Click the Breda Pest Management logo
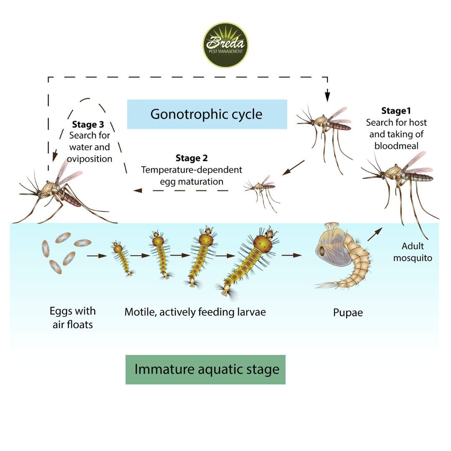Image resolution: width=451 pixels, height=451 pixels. (x=225, y=45)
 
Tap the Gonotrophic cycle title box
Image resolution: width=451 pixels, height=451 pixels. (x=207, y=114)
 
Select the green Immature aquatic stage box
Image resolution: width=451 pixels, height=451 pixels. (x=205, y=370)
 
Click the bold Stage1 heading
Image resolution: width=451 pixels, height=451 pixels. (x=396, y=111)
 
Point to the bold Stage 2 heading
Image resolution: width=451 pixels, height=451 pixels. (x=192, y=158)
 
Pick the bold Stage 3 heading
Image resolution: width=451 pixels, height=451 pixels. (x=88, y=124)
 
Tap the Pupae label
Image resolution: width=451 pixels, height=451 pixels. (x=348, y=312)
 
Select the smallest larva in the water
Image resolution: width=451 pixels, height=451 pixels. (x=122, y=259)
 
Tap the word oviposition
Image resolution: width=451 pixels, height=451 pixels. (x=91, y=159)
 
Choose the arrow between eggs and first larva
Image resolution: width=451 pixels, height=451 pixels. (x=97, y=255)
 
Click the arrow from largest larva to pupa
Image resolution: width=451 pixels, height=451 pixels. (x=291, y=255)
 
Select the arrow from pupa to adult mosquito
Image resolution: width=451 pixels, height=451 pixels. (x=375, y=235)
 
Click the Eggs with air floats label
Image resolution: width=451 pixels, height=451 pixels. (x=73, y=317)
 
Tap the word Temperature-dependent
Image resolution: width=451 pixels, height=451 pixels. (x=192, y=170)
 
